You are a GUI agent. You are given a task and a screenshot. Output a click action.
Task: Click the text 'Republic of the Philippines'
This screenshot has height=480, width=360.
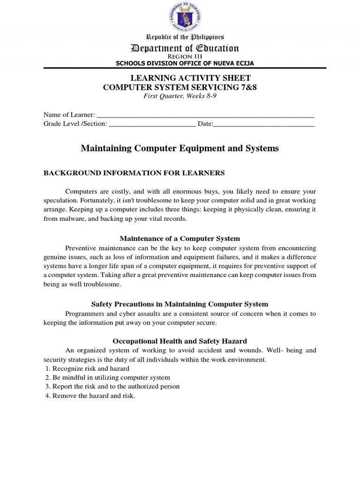click(180, 37)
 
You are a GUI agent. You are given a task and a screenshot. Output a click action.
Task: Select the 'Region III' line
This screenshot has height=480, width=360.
click(180, 57)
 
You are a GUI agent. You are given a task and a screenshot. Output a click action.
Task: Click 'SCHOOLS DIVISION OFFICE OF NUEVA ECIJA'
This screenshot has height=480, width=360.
click(180, 63)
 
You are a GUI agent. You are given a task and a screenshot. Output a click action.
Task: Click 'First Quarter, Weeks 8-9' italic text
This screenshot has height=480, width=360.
click(180, 96)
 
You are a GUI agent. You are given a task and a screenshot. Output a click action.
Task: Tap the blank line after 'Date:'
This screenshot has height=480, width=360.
click(264, 124)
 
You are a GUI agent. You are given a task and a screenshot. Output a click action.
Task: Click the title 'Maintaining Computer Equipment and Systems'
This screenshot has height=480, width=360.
click(180, 148)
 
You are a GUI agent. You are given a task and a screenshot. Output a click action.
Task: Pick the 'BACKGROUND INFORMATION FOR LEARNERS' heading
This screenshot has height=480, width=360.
click(134, 173)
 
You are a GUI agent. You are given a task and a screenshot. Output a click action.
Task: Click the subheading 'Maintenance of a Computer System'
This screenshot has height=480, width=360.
click(180, 239)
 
